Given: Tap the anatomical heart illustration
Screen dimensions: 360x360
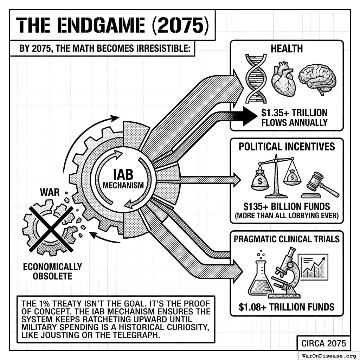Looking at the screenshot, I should point(284,79).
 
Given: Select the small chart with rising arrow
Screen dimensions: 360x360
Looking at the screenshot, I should point(313,267).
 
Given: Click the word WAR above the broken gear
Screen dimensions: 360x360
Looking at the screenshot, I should point(50,193).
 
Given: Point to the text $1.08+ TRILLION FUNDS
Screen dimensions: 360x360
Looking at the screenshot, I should point(287,307).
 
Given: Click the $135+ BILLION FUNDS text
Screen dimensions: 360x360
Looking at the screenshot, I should point(287,206).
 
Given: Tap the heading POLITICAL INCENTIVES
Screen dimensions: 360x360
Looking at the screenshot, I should point(287,146).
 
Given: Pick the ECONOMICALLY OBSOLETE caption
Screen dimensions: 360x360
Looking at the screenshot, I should point(52,271).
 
